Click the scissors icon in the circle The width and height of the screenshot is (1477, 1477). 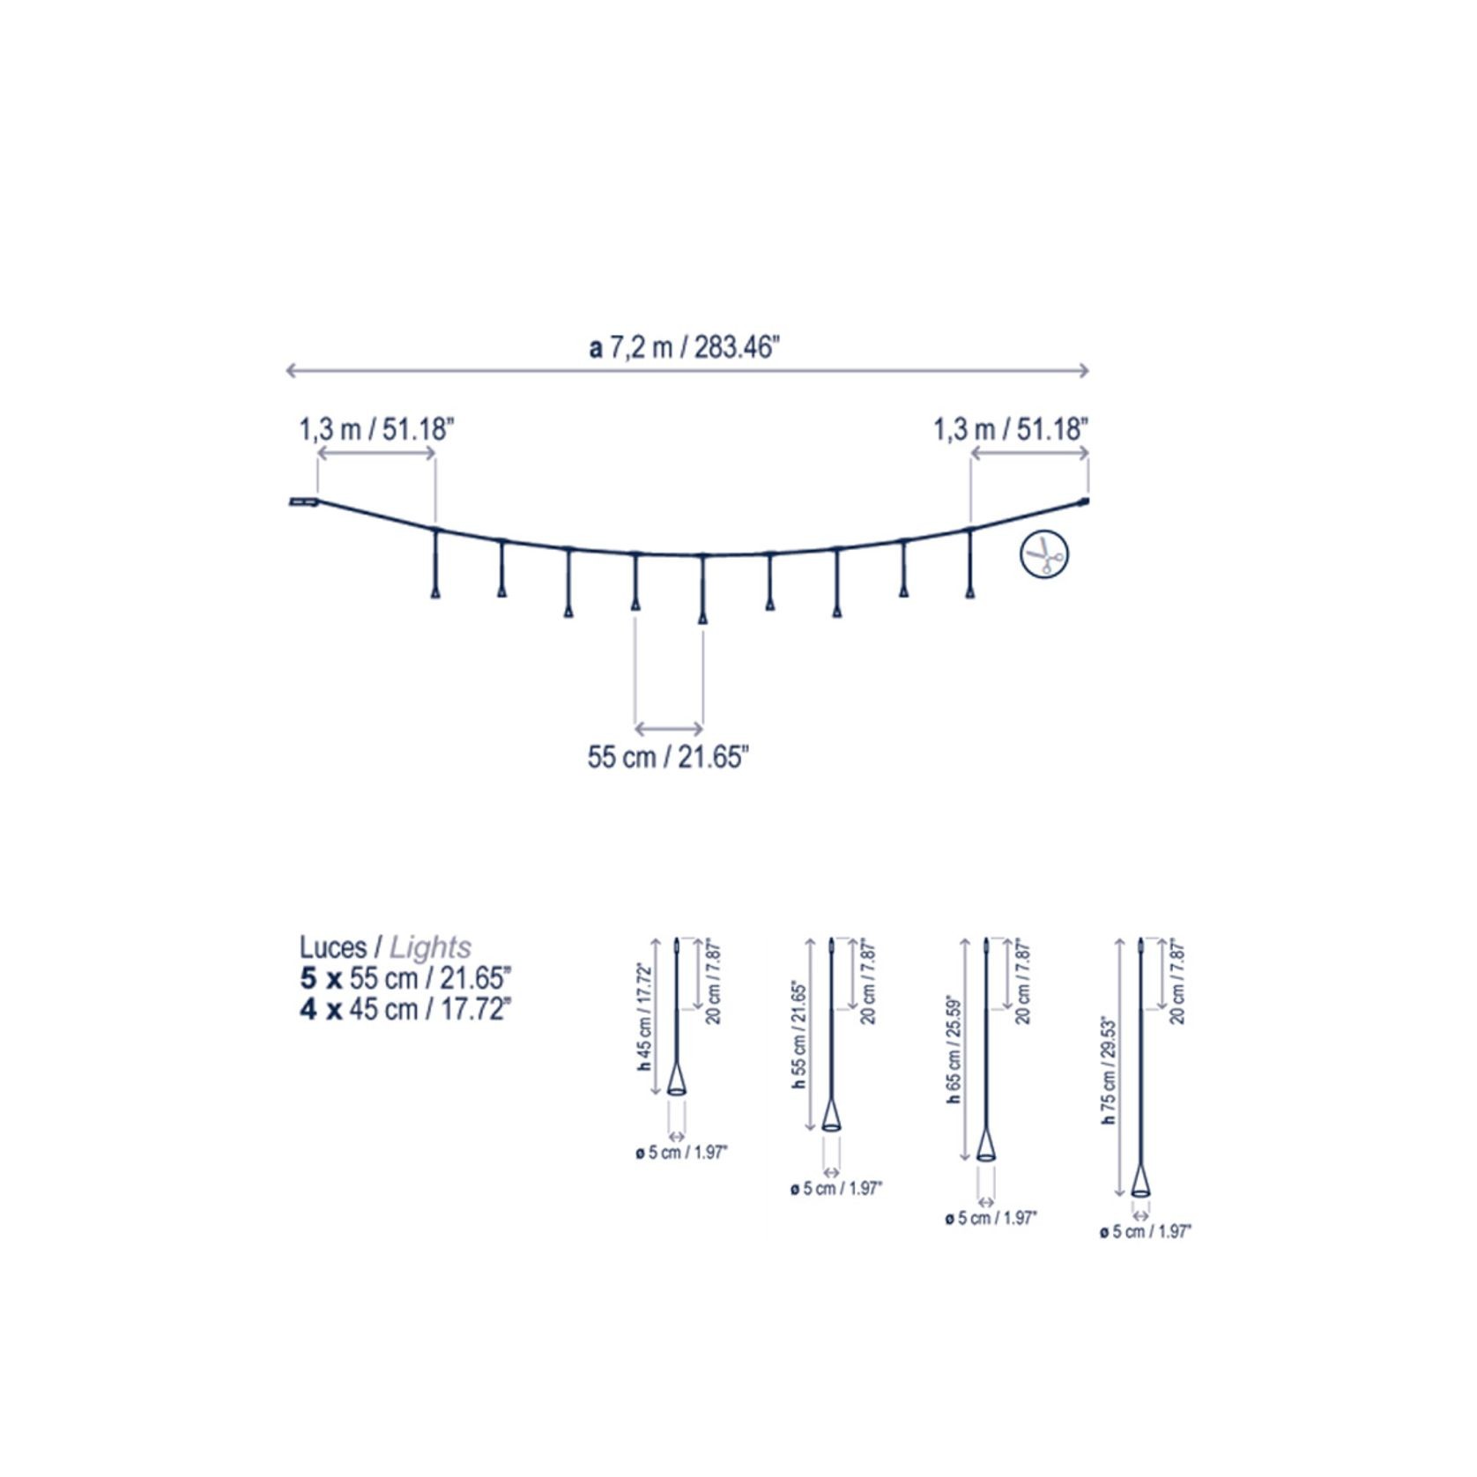tap(1044, 554)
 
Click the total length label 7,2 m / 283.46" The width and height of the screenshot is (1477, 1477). tap(685, 347)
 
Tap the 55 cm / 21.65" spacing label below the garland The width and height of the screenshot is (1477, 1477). tap(668, 757)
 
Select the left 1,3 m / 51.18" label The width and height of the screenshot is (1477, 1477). tap(376, 430)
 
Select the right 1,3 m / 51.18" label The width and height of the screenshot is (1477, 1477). tap(1011, 430)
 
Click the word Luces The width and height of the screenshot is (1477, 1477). tap(332, 947)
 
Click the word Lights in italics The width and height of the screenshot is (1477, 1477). tap(430, 947)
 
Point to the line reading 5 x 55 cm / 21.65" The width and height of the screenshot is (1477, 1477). tap(405, 978)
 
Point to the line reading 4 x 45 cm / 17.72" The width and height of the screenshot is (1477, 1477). tap(405, 1009)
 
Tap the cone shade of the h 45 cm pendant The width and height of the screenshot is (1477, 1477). tap(676, 1080)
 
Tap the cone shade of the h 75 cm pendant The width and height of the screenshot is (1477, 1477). tap(1140, 1181)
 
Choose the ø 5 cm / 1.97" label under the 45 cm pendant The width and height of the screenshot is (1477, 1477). tap(681, 1153)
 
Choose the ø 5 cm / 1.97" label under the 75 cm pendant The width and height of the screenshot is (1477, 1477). tap(1145, 1231)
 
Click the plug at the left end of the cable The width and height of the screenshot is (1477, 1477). tap(303, 502)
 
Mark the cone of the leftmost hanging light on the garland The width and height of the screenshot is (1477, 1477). tap(434, 591)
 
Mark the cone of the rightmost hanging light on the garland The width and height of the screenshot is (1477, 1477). tap(970, 591)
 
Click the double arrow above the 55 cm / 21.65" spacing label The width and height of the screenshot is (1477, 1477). tap(669, 729)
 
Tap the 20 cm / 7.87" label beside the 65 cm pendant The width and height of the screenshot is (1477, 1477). tap(1023, 982)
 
